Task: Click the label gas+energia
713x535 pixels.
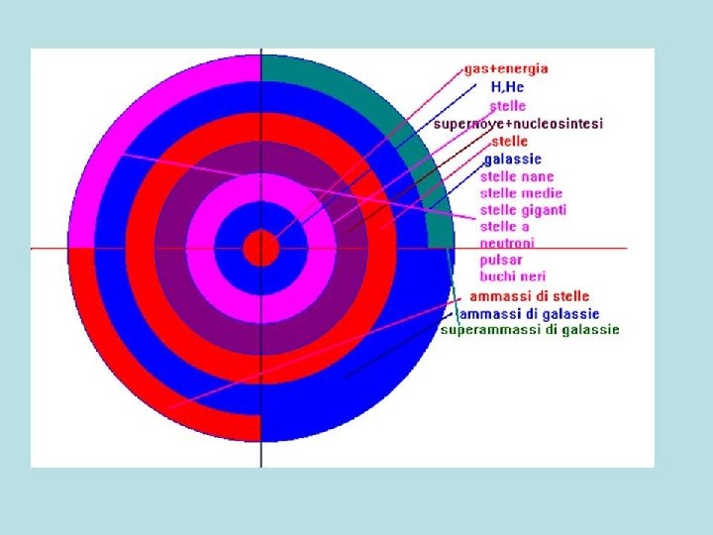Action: (505, 69)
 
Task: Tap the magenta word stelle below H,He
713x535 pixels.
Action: (507, 105)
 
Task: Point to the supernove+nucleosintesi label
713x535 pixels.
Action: (518, 124)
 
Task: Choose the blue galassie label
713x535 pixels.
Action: (513, 159)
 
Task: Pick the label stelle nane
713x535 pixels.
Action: (517, 176)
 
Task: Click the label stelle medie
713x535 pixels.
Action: (521, 193)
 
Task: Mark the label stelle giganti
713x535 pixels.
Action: (523, 210)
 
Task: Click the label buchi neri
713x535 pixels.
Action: (512, 275)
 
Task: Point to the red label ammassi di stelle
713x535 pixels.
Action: (529, 296)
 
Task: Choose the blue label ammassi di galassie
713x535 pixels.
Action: (528, 313)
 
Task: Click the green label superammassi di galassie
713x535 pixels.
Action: (530, 329)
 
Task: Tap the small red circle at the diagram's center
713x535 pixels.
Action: (261, 248)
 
